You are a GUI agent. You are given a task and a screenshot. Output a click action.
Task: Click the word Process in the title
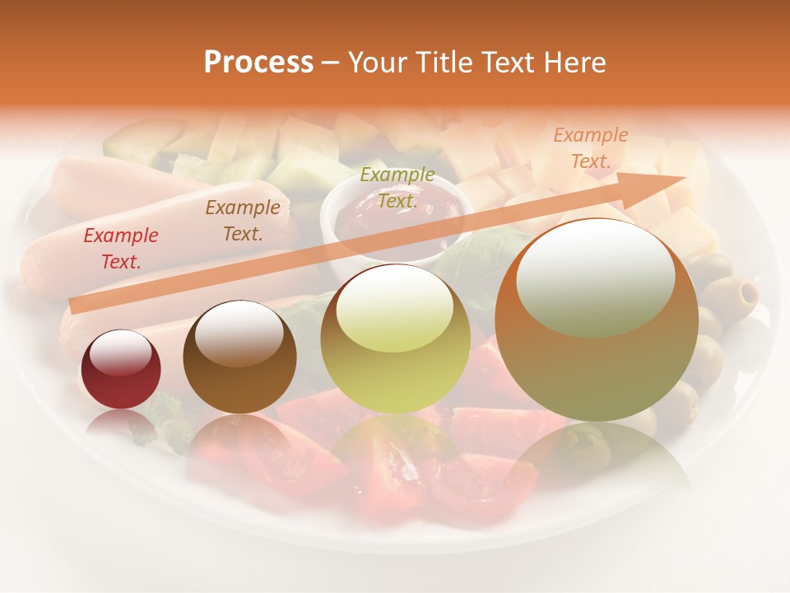tap(258, 63)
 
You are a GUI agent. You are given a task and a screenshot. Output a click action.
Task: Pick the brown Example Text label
tap(242, 221)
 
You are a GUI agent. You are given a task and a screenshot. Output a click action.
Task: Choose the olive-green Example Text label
tap(397, 188)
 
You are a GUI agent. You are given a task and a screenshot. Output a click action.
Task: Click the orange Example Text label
tap(590, 148)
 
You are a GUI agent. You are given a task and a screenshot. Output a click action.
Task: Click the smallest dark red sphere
tap(121, 370)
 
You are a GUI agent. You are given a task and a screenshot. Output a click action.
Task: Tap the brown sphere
tap(239, 357)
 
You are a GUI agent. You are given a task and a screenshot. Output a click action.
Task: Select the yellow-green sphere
tap(395, 339)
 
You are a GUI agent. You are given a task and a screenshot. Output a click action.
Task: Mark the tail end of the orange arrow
tap(74, 306)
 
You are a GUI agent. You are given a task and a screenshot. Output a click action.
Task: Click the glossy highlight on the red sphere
tap(120, 353)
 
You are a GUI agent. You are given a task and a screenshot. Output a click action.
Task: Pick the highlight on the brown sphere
tap(239, 333)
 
